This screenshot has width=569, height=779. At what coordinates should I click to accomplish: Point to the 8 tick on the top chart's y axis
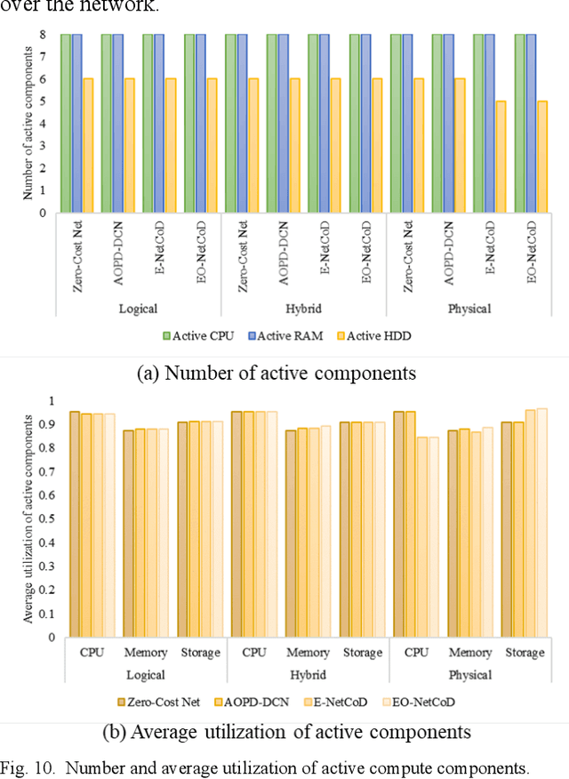41,34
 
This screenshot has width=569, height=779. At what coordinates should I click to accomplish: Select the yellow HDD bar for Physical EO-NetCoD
542,157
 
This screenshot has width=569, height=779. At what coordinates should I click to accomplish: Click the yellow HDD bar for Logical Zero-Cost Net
88,146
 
